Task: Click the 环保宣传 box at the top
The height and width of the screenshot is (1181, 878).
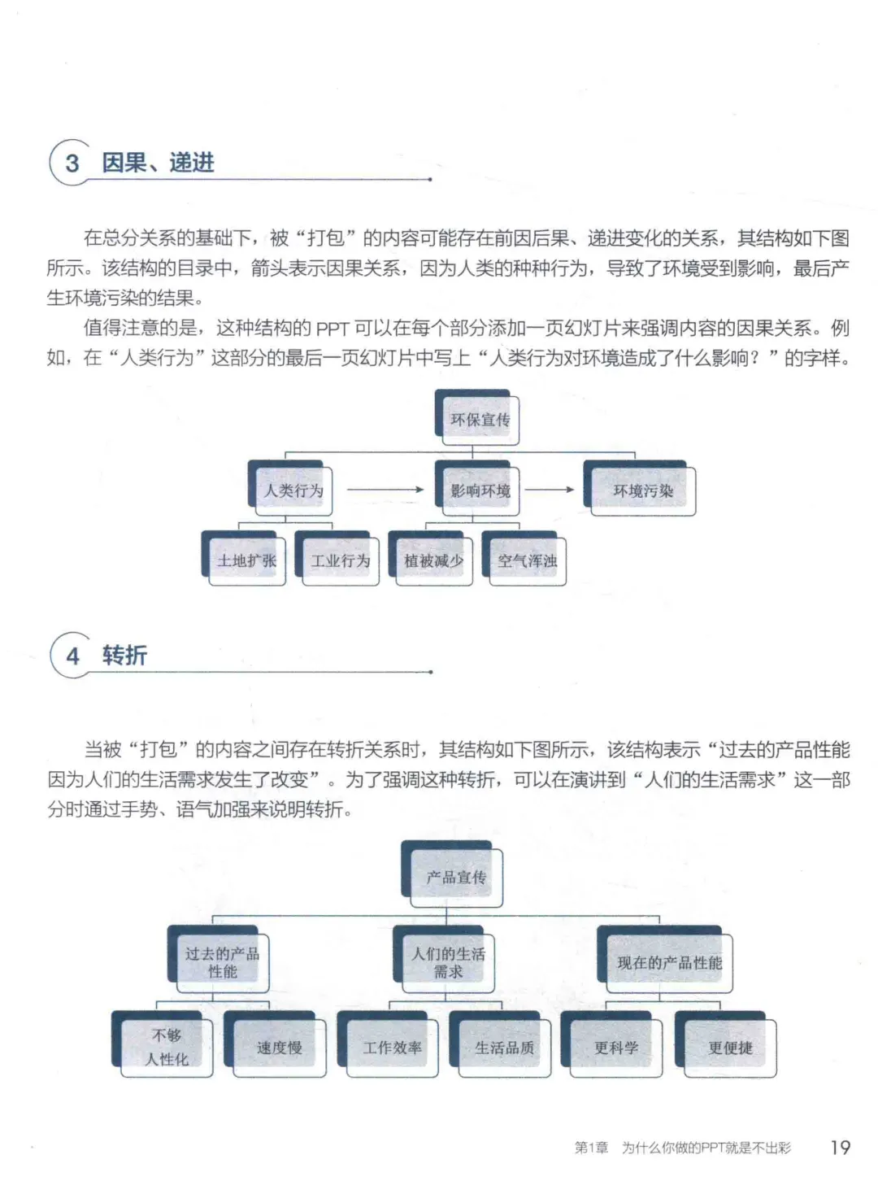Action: [477, 417]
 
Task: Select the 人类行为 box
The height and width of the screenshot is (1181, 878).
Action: [290, 488]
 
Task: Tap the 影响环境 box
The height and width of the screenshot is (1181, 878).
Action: [477, 488]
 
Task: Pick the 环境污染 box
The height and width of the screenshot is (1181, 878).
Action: [640, 488]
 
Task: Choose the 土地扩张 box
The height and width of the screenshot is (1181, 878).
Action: [243, 558]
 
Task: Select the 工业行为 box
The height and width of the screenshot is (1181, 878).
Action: [337, 558]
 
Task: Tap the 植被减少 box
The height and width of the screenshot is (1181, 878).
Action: [431, 558]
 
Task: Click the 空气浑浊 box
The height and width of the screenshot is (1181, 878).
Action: [524, 558]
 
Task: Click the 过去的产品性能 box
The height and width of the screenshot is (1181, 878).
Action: [219, 959]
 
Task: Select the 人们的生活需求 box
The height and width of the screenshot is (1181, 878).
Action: [444, 959]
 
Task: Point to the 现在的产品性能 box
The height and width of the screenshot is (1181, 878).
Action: [665, 959]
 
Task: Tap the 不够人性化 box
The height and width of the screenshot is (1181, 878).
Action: [163, 1044]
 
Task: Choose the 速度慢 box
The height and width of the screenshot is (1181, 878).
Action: [275, 1044]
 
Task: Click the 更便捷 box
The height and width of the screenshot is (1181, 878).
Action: [726, 1044]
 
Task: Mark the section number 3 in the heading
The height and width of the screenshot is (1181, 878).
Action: [72, 163]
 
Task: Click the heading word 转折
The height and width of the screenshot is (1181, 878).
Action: [124, 656]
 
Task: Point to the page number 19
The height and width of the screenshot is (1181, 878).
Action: [840, 1147]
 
